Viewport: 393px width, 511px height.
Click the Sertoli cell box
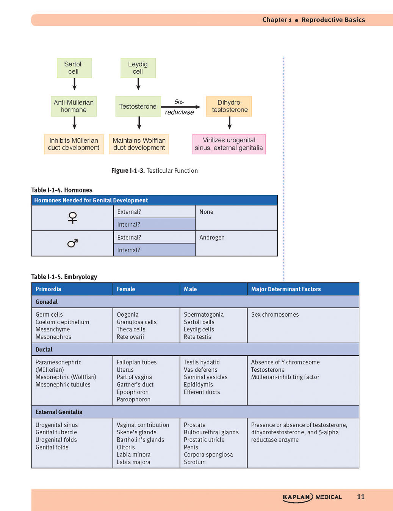74,68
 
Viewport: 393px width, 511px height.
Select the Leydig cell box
138,68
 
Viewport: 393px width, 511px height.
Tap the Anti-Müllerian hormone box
74,106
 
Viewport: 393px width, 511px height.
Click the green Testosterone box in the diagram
138,106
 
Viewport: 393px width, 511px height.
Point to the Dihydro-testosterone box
229,106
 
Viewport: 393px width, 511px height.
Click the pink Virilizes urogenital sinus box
229,144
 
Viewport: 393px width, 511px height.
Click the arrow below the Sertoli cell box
74,84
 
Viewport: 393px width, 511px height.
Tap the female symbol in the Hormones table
72,218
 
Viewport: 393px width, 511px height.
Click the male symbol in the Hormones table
72,243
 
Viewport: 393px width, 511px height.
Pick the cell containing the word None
236,218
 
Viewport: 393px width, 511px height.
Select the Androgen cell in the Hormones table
236,243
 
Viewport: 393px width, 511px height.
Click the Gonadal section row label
47,302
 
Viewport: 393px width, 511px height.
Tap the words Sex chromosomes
275,314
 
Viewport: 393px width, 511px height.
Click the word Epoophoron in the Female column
133,392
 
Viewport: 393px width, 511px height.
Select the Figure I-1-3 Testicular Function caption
154,170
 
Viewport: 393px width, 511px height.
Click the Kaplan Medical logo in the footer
312,497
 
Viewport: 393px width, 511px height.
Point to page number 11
361,497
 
